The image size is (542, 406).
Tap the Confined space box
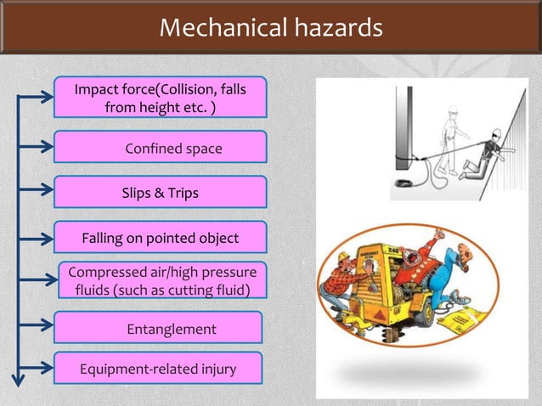click(x=161, y=148)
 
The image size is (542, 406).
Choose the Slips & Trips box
click(x=161, y=193)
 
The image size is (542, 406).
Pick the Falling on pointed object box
click(x=161, y=238)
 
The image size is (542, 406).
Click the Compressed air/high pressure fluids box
click(x=161, y=281)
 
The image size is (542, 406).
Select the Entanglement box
click(x=158, y=328)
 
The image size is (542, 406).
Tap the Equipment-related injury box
click(x=158, y=369)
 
